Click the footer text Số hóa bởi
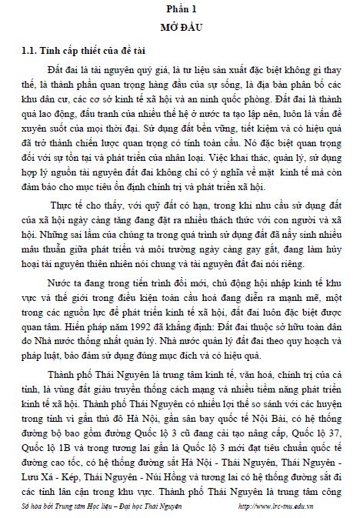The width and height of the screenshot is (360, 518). [38, 506]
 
